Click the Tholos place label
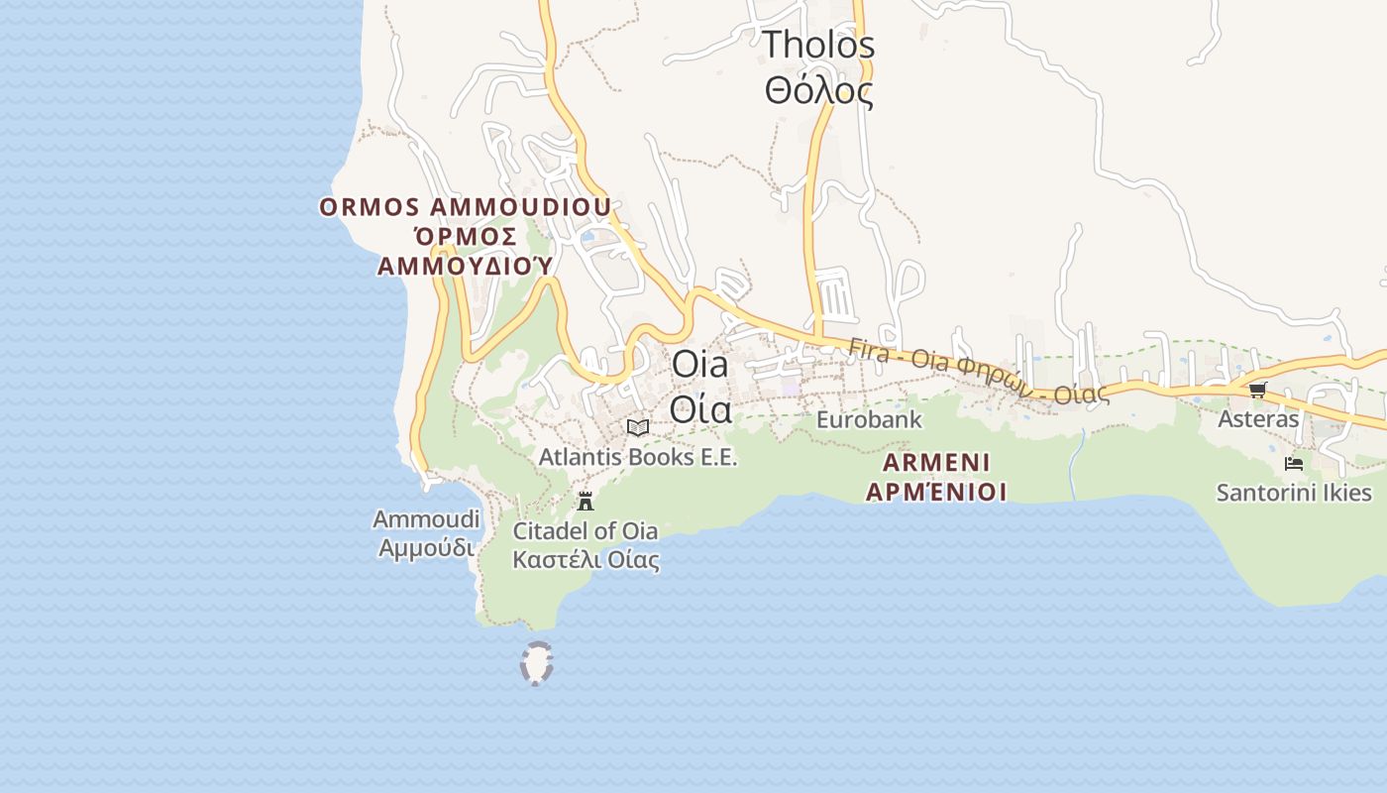pyautogui.click(x=818, y=45)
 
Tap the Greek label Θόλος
pyautogui.click(x=818, y=91)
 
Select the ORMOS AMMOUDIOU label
pyautogui.click(x=465, y=207)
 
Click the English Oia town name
pyautogui.click(x=699, y=364)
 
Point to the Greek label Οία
pyautogui.click(x=700, y=408)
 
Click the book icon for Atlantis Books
pyautogui.click(x=638, y=427)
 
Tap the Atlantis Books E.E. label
pyautogui.click(x=638, y=457)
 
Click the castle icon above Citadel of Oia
pyautogui.click(x=586, y=501)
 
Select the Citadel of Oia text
pyautogui.click(x=585, y=530)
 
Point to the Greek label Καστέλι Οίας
pyautogui.click(x=585, y=559)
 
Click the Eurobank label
pyautogui.click(x=869, y=419)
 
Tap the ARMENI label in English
pyautogui.click(x=936, y=462)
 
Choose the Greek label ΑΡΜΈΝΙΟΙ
pyautogui.click(x=936, y=492)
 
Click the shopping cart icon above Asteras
pyautogui.click(x=1257, y=390)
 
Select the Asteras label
pyautogui.click(x=1257, y=418)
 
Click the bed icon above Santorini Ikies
pyautogui.click(x=1293, y=463)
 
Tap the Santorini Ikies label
pyautogui.click(x=1294, y=493)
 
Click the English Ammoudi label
pyautogui.click(x=426, y=519)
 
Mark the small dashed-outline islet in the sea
pyautogui.click(x=536, y=663)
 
